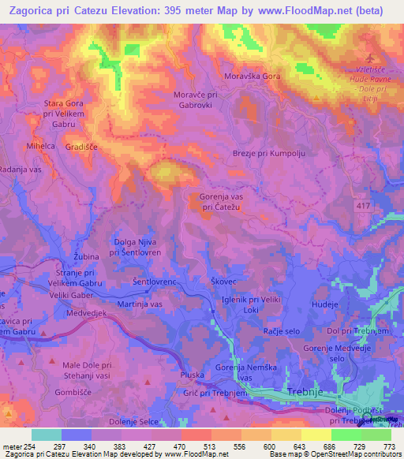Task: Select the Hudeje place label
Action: tap(324, 303)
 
